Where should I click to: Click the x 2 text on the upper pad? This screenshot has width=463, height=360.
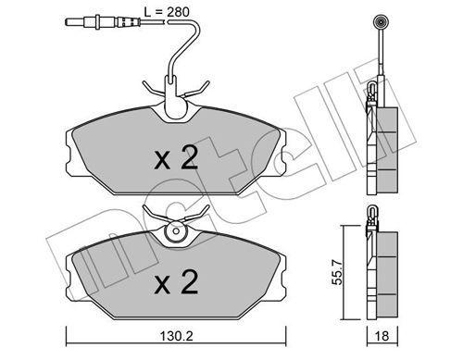(x=175, y=159)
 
